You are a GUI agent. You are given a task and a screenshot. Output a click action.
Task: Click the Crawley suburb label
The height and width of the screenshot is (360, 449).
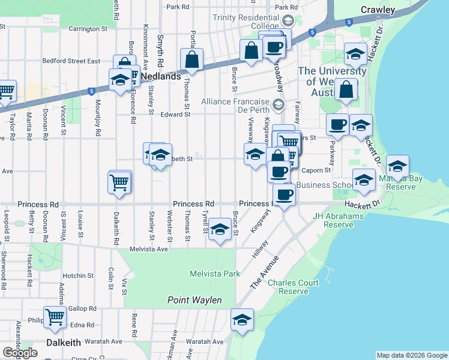(378, 10)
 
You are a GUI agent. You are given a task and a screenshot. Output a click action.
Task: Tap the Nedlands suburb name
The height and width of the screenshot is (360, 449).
(161, 77)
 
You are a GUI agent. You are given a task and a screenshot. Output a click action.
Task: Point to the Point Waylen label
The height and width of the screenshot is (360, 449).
(194, 300)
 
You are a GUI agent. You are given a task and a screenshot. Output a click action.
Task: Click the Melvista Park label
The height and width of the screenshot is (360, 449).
(214, 274)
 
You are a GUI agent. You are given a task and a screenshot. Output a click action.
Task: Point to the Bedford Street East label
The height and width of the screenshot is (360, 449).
(71, 61)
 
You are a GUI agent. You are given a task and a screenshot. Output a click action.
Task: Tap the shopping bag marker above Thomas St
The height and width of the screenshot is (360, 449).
(191, 59)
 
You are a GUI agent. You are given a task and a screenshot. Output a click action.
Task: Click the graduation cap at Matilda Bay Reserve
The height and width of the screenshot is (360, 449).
(397, 165)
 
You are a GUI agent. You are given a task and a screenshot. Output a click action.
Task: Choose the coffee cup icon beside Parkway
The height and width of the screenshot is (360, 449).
(337, 124)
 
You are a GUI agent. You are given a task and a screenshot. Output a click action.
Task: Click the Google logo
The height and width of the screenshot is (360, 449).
(20, 353)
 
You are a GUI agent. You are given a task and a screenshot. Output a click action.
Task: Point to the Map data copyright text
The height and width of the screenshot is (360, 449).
(412, 355)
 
